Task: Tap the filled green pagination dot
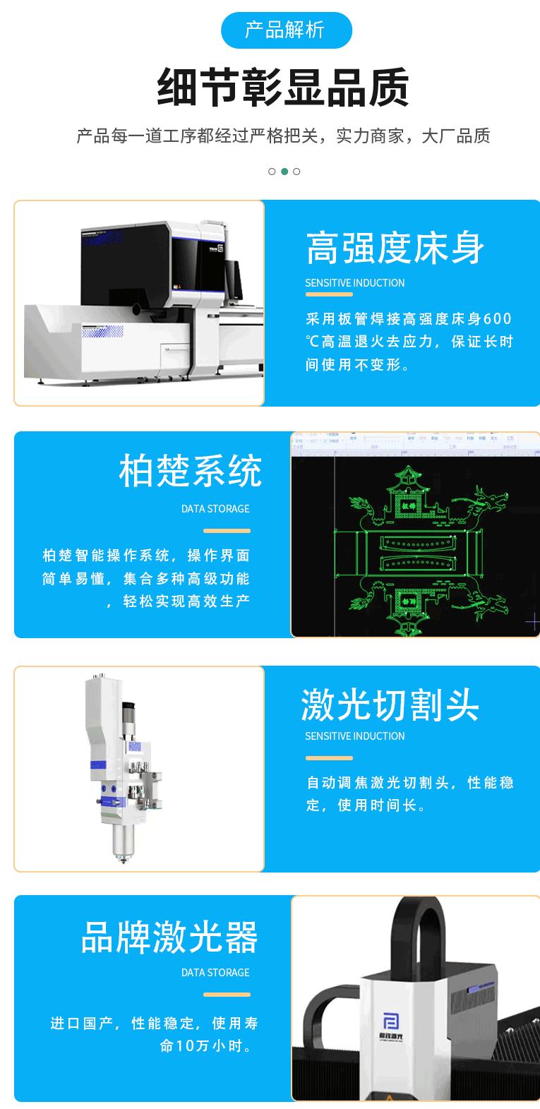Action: pyautogui.click(x=284, y=172)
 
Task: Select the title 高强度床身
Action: pyautogui.click(x=395, y=248)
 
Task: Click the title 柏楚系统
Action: pyautogui.click(x=191, y=472)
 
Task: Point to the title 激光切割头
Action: pyautogui.click(x=390, y=705)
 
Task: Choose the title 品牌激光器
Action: pyautogui.click(x=169, y=937)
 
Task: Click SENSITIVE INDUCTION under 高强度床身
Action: pyautogui.click(x=355, y=283)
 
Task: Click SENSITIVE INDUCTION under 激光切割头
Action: pyautogui.click(x=355, y=736)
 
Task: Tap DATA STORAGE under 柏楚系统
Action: pyautogui.click(x=215, y=509)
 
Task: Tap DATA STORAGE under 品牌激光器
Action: pyautogui.click(x=215, y=973)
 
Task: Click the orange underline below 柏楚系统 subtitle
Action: pyautogui.click(x=227, y=531)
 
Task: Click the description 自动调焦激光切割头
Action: pyautogui.click(x=410, y=793)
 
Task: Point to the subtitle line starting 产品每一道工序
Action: pyautogui.click(x=283, y=136)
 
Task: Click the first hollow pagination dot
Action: pyautogui.click(x=272, y=172)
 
